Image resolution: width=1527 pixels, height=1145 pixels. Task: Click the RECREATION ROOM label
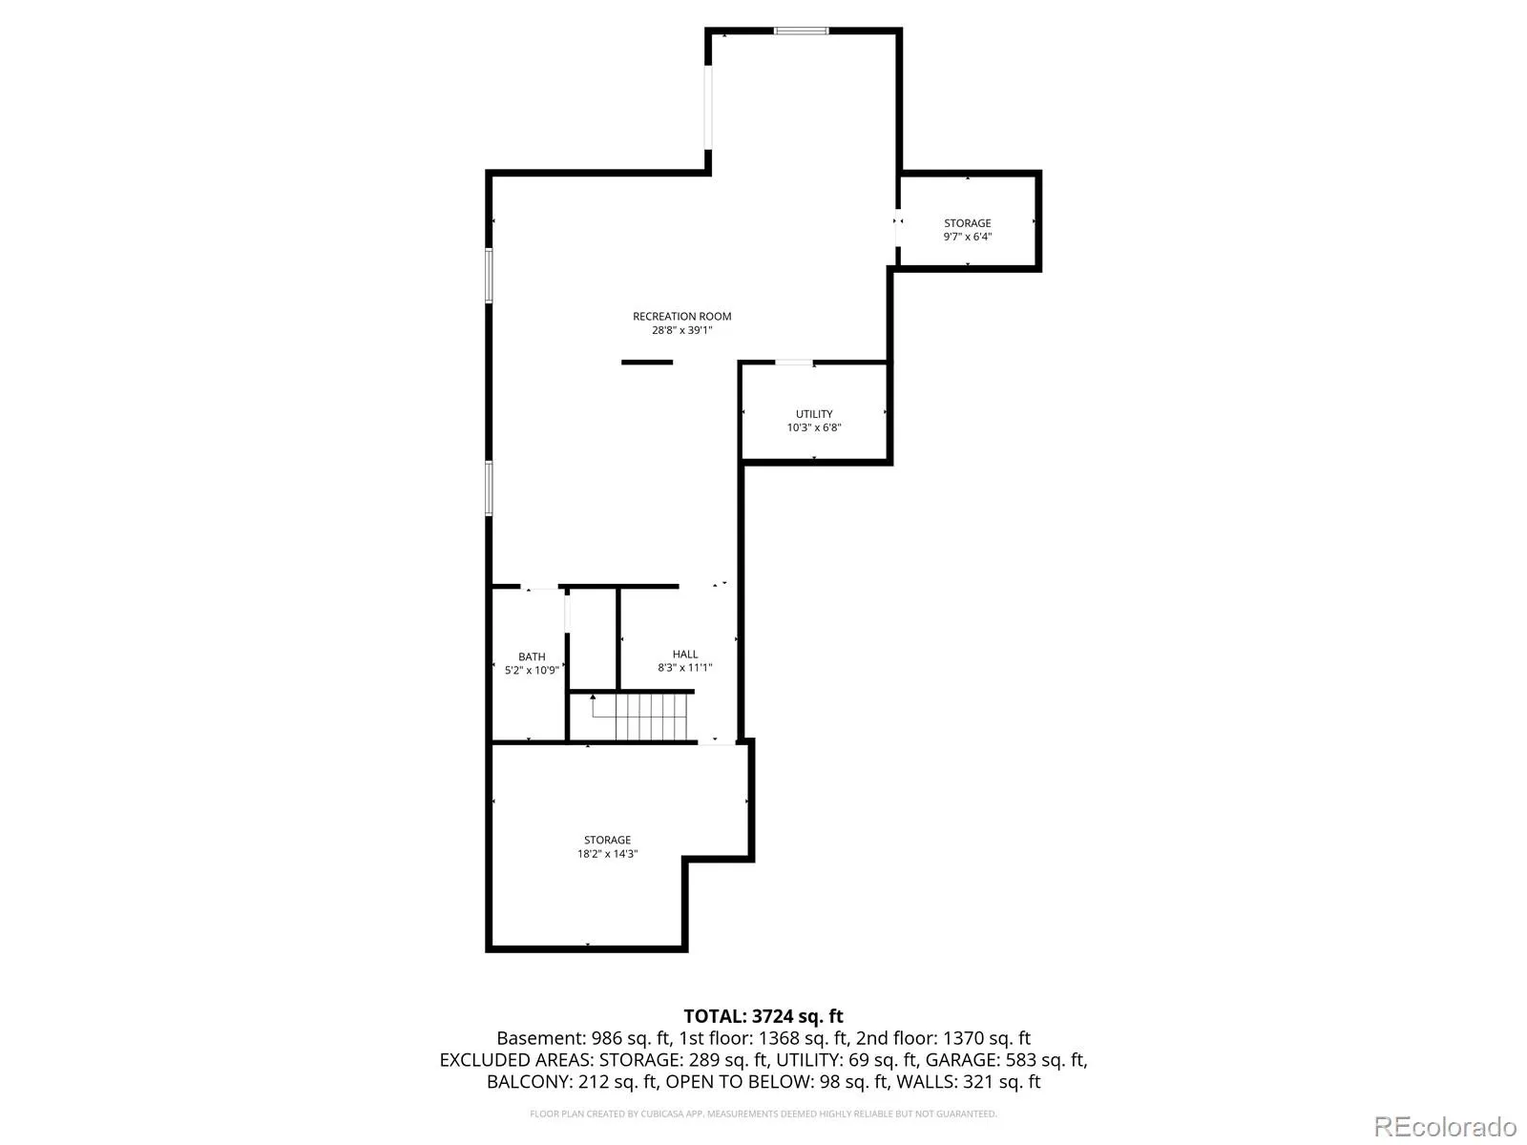point(681,316)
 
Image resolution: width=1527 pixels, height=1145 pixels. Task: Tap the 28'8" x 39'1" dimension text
point(681,329)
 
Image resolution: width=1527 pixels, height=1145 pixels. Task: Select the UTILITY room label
point(813,414)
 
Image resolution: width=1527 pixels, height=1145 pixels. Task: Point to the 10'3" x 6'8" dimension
point(813,427)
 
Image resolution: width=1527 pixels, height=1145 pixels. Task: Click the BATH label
point(532,656)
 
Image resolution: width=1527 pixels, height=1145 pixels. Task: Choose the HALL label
point(684,654)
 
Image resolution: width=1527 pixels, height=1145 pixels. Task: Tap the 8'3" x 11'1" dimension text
point(684,667)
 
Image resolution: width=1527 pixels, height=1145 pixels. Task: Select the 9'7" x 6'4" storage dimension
point(967,237)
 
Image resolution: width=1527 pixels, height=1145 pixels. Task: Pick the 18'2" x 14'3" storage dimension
point(607,854)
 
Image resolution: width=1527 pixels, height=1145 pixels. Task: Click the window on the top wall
point(802,31)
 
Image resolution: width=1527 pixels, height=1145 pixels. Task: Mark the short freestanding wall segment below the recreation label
point(646,363)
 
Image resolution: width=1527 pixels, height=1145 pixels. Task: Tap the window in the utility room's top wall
point(794,363)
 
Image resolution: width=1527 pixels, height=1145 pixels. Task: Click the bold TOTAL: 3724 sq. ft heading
point(763,1016)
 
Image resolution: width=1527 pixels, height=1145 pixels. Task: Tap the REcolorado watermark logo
point(1446,1126)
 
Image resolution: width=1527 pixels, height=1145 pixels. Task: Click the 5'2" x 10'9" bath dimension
point(532,670)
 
